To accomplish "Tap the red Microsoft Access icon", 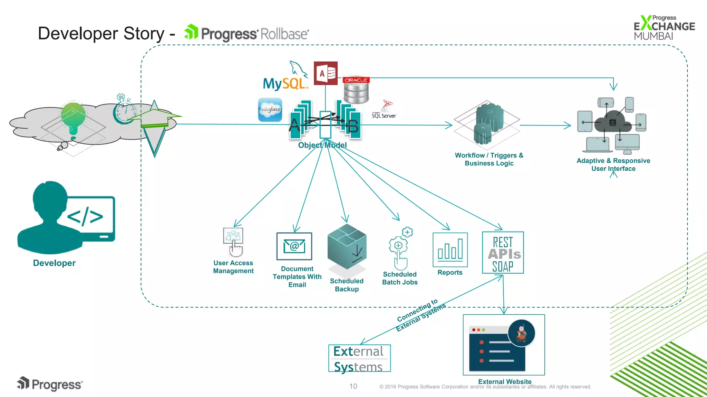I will click(x=325, y=73).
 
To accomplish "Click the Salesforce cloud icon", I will click(x=270, y=110).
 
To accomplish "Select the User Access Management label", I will click(x=233, y=267).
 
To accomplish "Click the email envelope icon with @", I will click(x=294, y=246).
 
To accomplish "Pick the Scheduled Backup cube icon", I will click(x=347, y=247).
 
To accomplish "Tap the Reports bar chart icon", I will click(x=450, y=250).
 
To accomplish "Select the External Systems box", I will click(x=359, y=358).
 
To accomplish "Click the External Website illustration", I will click(x=504, y=345).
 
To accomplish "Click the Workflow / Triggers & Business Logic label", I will click(x=489, y=159).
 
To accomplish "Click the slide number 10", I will click(x=353, y=386).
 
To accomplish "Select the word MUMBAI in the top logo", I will click(x=653, y=36).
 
